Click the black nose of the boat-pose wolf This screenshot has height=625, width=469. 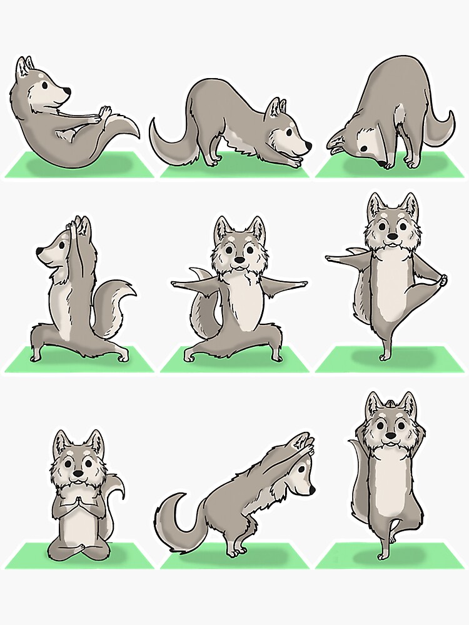pyautogui.click(x=67, y=91)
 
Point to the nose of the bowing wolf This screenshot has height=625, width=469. pyautogui.click(x=308, y=149)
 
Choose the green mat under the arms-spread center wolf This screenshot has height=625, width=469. pyautogui.click(x=234, y=363)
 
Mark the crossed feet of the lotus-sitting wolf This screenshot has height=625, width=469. pyautogui.click(x=76, y=550)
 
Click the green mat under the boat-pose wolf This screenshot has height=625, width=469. pyautogui.click(x=78, y=166)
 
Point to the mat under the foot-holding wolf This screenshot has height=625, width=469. pyautogui.click(x=388, y=363)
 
